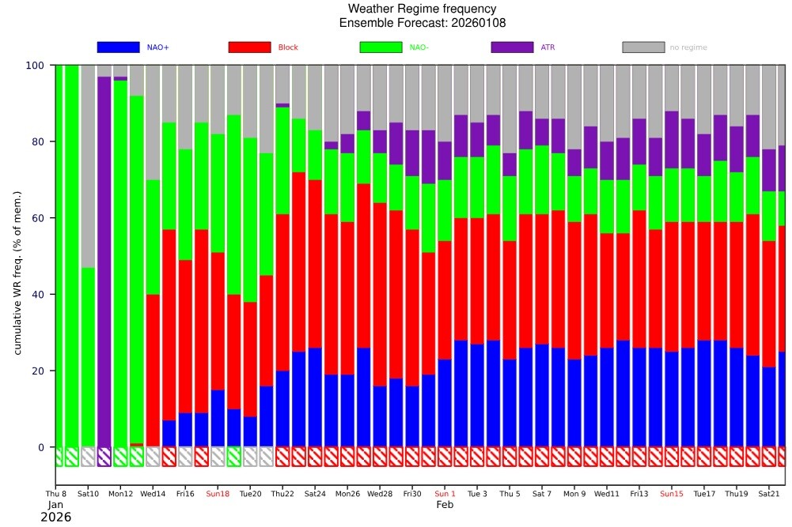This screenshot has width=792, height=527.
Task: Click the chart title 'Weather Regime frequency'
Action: pyautogui.click(x=396, y=9)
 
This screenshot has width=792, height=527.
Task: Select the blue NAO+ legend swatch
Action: pyautogui.click(x=118, y=47)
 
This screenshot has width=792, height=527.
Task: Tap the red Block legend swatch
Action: pyautogui.click(x=249, y=47)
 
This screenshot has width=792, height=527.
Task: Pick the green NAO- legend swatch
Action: pyautogui.click(x=381, y=47)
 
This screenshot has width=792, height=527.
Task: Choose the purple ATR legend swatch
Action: pyautogui.click(x=512, y=47)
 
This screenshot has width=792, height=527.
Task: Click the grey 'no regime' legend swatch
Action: pyautogui.click(x=643, y=47)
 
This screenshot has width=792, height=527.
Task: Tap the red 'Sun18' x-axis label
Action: pyautogui.click(x=218, y=494)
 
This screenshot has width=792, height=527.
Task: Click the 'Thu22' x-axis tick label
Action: pyautogui.click(x=282, y=494)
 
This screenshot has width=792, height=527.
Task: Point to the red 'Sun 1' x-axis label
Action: pyautogui.click(x=445, y=494)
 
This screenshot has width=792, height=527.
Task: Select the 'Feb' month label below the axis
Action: pyautogui.click(x=445, y=504)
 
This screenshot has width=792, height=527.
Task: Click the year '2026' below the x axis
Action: pyautogui.click(x=55, y=518)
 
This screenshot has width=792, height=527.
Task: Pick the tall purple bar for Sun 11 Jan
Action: pyautogui.click(x=104, y=261)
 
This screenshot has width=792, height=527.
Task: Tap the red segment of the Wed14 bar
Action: pyautogui.click(x=153, y=371)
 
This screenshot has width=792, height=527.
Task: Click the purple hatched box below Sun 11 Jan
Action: pyautogui.click(x=104, y=457)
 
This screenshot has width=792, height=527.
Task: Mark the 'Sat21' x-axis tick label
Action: pyautogui.click(x=769, y=494)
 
